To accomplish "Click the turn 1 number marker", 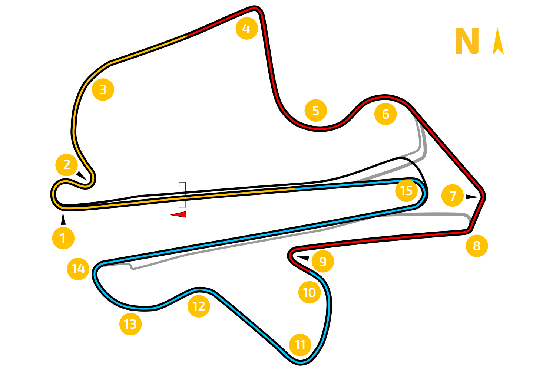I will coord(63,238).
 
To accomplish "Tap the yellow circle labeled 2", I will coord(67,165).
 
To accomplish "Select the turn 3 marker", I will coord(103,90).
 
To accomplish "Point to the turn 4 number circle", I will coord(246,28).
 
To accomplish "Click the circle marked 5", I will coord(315,111).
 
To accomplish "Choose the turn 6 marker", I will coord(385,114).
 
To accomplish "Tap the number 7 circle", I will coord(453,196).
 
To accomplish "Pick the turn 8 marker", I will coord(477,246).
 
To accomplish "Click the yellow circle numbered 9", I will coord(323,262).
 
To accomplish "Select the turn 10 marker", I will coord(310,293).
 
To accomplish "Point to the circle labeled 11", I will coord(300,345).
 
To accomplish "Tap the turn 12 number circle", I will coord(199,306).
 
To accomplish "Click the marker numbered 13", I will coord(130,324).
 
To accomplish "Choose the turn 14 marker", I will coord(78,269).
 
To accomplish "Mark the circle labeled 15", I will coord(406,191).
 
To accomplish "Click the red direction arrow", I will coord(179,214).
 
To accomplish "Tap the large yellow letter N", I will coord(467,41).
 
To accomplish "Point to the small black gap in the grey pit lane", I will coord(412,162).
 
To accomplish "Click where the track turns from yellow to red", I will coord(186,36).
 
